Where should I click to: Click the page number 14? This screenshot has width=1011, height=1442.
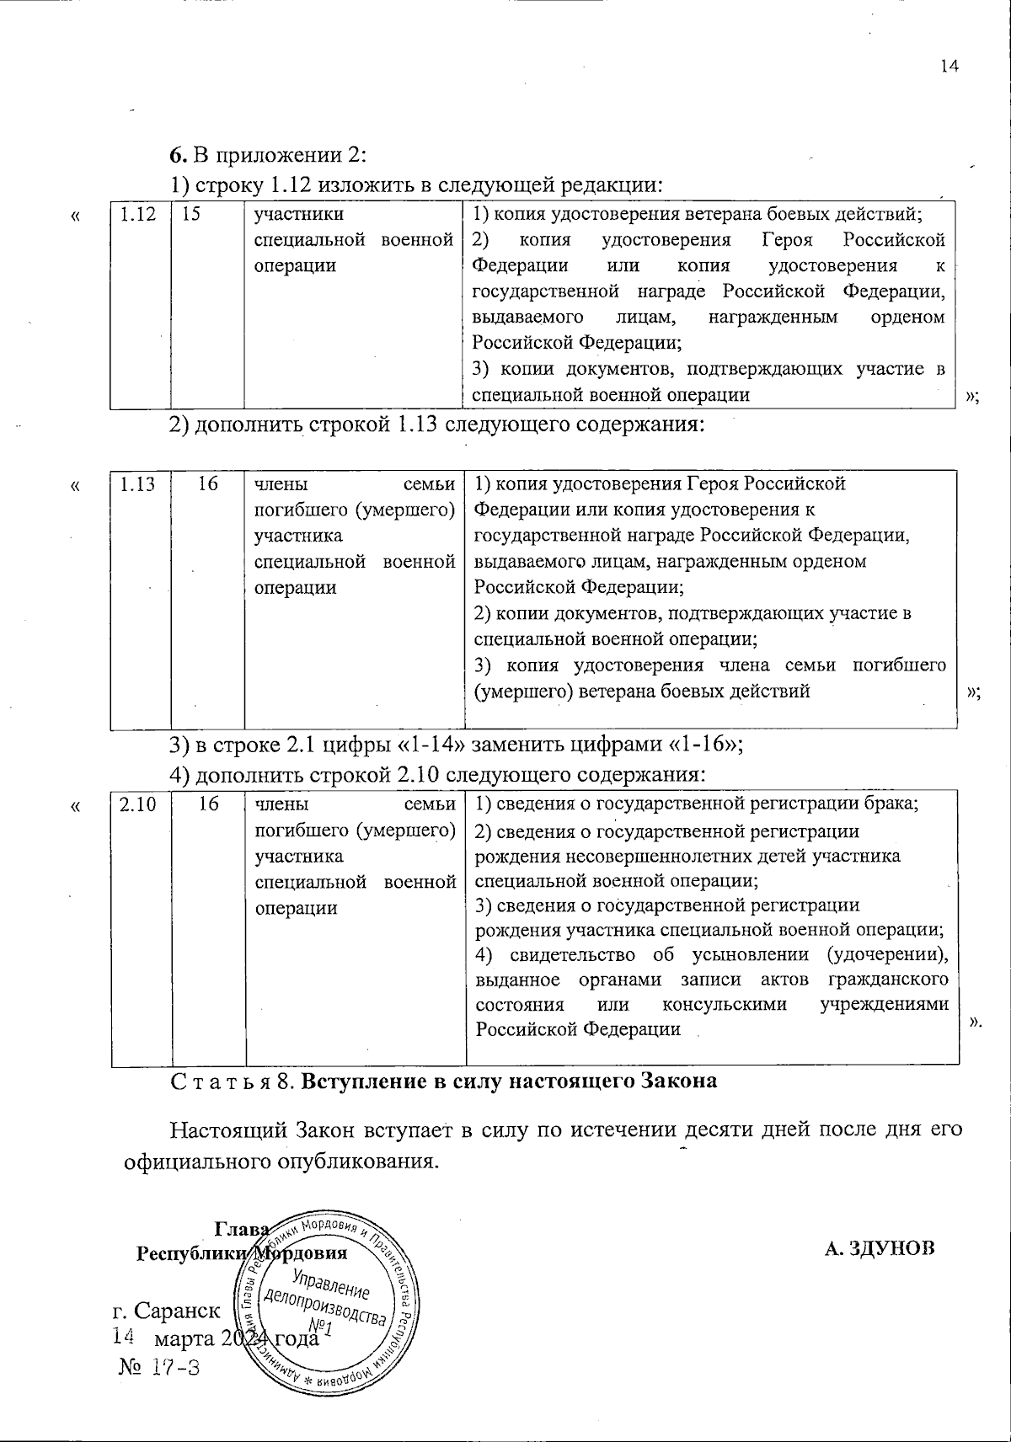point(949,67)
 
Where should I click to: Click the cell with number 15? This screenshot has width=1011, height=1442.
point(191,215)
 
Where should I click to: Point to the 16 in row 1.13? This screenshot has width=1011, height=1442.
point(208,484)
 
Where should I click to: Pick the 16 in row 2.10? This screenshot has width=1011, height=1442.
point(208,804)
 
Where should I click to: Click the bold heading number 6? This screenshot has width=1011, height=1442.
point(177,155)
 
